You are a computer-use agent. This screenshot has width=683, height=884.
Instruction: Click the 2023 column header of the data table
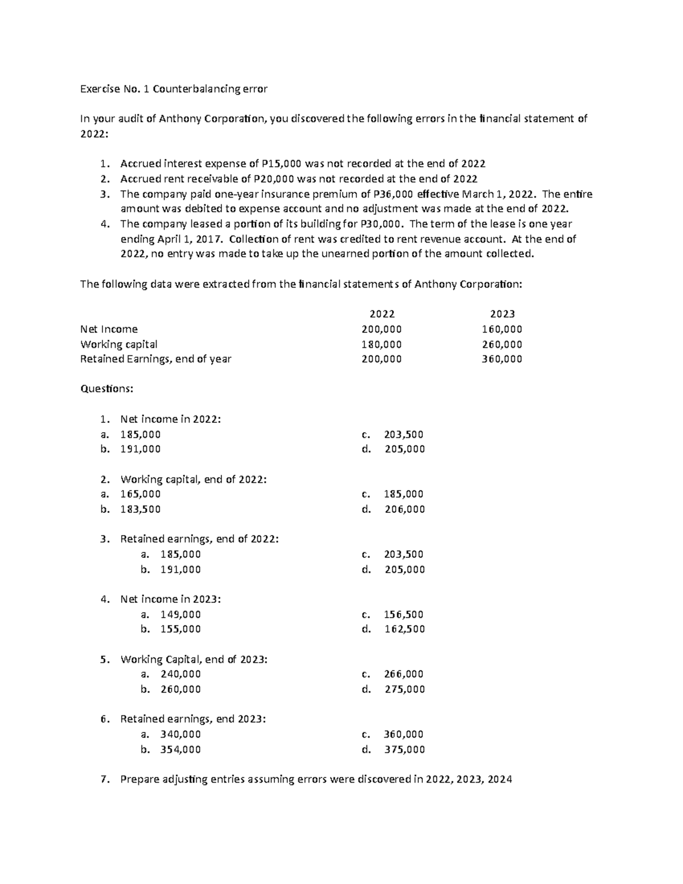pos(502,314)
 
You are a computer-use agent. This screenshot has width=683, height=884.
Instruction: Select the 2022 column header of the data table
pos(382,314)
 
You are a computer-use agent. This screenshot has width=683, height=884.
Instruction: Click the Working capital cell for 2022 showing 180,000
pos(382,344)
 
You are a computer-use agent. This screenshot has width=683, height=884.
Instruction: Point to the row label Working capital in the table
pos(119,344)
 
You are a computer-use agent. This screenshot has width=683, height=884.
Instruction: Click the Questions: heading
pos(106,389)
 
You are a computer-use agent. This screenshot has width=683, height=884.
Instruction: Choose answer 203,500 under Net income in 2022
pos(404,434)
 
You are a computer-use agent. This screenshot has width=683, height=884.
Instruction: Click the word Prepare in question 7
pos(140,780)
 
